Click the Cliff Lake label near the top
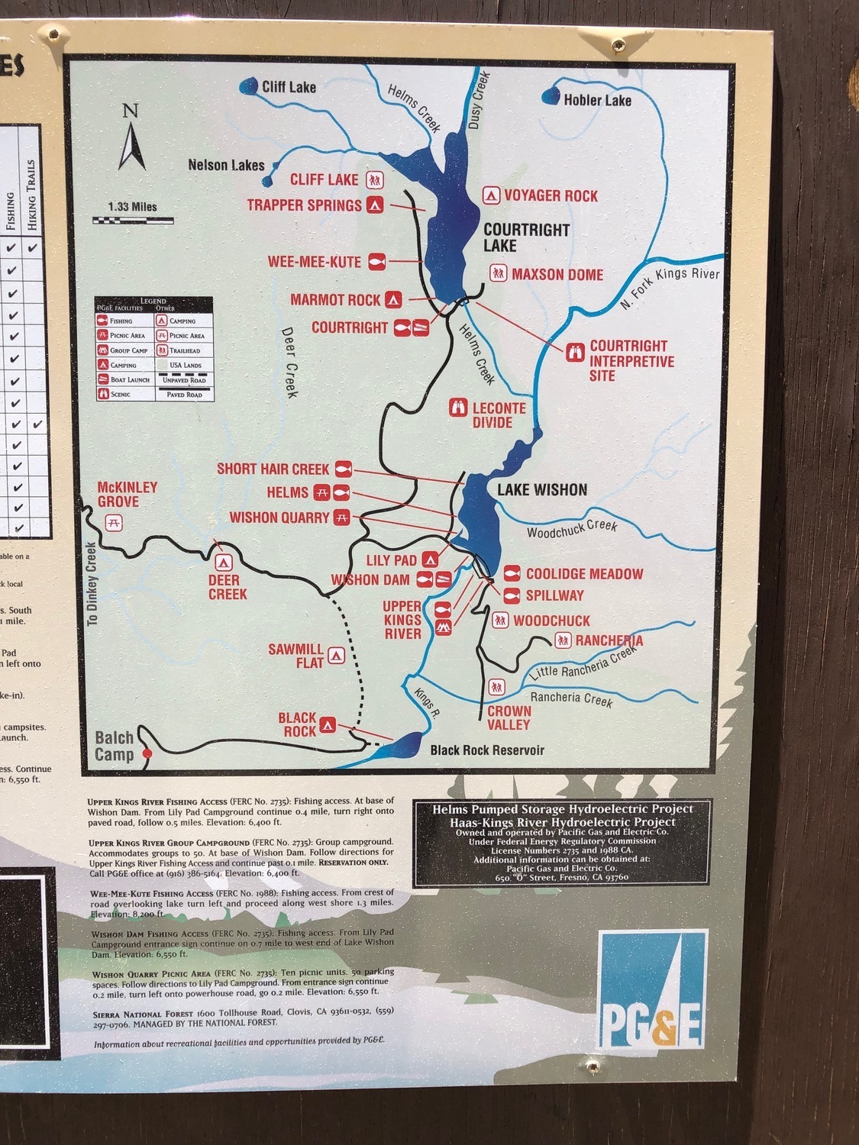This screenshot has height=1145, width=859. click(x=289, y=87)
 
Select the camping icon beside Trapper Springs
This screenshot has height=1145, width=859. click(x=374, y=205)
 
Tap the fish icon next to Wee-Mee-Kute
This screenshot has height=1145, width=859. click(x=375, y=262)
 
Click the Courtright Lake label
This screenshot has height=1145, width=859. click(x=526, y=237)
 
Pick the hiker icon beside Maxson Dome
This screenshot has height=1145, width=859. click(x=498, y=273)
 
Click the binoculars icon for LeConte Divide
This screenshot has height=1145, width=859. click(x=458, y=408)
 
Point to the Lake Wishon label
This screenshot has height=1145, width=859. click(x=542, y=490)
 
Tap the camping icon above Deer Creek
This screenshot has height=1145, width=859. click(x=223, y=563)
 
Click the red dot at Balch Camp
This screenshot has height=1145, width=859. click(x=147, y=753)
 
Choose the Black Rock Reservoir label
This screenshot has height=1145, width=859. click(x=487, y=750)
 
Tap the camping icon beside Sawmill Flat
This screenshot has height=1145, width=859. click(x=336, y=655)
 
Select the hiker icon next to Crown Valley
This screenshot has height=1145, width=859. click(x=497, y=687)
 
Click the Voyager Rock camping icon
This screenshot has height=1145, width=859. click(x=491, y=196)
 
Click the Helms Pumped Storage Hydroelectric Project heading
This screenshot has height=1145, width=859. click(x=563, y=809)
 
